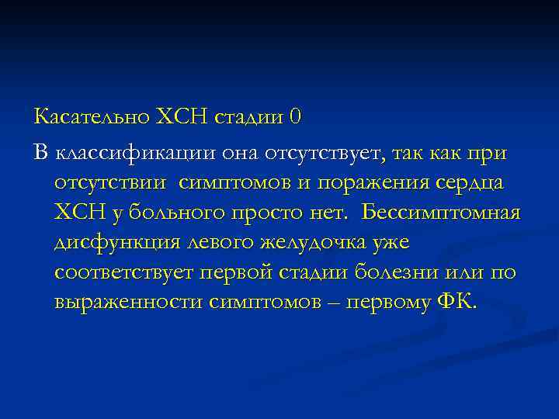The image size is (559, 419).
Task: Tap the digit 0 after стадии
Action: [293, 117]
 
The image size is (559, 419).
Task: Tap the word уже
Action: [391, 243]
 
